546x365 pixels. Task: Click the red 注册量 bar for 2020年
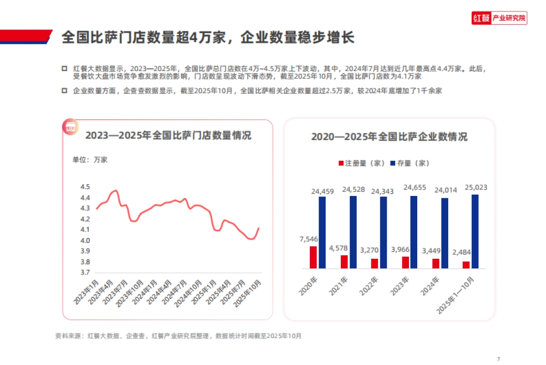(313, 257)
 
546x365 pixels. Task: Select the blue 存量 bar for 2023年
(414, 232)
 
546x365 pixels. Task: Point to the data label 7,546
(308, 239)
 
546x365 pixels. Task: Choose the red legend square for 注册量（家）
(341, 163)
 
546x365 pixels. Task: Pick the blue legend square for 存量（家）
(393, 163)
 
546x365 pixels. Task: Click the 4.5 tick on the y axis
(85, 187)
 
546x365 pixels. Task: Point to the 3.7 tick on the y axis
(85, 272)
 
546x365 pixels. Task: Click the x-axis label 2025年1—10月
(455, 296)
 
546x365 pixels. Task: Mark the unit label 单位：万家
(90, 159)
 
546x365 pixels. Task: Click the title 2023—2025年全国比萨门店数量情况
(168, 136)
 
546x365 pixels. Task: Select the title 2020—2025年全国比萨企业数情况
(389, 137)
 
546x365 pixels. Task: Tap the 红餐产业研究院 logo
(499, 19)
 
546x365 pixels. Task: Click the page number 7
(499, 358)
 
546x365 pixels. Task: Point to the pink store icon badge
(70, 128)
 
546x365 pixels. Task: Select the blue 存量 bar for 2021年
(353, 232)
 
